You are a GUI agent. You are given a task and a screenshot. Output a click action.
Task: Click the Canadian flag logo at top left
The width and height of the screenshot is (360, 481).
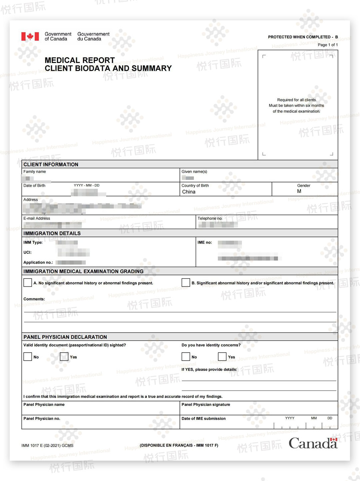point(30,36)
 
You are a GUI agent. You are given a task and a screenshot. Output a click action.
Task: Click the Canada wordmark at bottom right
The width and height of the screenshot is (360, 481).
point(313,443)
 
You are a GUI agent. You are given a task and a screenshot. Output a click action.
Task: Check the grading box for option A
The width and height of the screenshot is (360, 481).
point(28,283)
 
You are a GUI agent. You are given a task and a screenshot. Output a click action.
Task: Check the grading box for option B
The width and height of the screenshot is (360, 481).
point(186,283)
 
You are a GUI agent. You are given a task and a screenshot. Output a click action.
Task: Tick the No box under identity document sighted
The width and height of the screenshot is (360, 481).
point(28,357)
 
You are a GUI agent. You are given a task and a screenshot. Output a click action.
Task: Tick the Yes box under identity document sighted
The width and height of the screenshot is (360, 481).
point(64,357)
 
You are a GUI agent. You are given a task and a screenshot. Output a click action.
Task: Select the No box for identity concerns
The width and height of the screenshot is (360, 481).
point(186,357)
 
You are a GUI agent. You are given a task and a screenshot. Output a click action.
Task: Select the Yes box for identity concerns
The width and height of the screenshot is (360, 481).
point(222,357)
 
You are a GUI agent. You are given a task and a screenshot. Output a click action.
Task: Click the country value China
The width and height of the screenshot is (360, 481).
point(189,192)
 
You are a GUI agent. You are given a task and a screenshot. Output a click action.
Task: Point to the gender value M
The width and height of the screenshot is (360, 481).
point(299,191)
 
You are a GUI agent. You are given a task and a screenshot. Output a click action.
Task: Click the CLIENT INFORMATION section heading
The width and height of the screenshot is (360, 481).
point(51,164)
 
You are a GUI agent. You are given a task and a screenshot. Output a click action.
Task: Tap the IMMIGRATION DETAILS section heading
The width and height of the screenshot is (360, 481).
point(52,233)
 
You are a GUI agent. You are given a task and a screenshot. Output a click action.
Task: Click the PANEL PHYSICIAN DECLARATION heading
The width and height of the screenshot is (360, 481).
point(65,337)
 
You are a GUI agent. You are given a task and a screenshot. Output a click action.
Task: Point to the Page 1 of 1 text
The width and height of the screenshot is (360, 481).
point(327,45)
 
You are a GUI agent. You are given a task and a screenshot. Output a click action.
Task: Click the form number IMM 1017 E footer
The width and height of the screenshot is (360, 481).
point(47,445)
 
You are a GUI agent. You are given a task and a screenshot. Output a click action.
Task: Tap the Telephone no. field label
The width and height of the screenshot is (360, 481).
point(210,218)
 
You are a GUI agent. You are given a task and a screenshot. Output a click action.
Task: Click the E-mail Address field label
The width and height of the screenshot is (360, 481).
point(37,218)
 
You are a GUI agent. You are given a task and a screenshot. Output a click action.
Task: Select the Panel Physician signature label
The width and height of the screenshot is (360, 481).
point(206,404)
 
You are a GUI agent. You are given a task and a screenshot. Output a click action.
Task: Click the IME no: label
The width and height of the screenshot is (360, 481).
point(205,242)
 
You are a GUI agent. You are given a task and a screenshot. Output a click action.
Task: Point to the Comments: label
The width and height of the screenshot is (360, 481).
point(34,299)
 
